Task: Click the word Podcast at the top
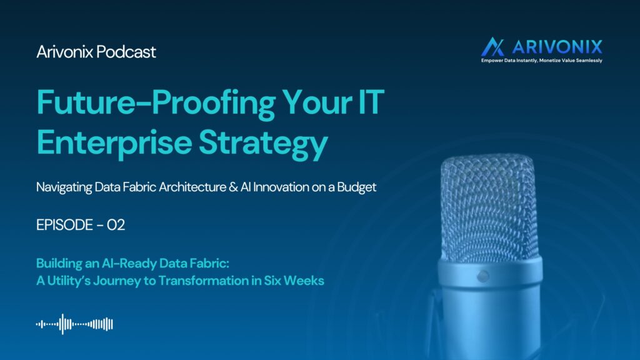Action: click(126, 52)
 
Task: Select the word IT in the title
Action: click(371, 102)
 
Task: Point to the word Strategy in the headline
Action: click(263, 144)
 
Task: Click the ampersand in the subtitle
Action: click(233, 187)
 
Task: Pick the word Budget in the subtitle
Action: click(357, 187)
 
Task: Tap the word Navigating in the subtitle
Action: click(64, 187)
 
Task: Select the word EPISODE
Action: click(64, 225)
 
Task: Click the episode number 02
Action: click(116, 225)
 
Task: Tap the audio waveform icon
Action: click(74, 324)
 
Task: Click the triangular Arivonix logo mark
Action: click(492, 47)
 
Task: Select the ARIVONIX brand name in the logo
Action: click(557, 47)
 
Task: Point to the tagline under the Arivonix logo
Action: click(542, 61)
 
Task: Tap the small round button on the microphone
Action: click(483, 276)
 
